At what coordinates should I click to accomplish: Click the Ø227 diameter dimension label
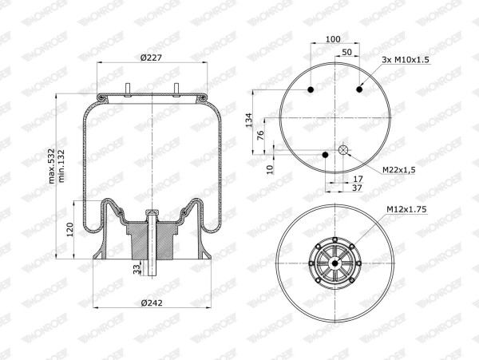coord(151,57)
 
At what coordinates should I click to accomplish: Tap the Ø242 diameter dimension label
coord(152,303)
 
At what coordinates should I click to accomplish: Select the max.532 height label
coord(51,166)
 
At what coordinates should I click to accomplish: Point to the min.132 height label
coord(61,166)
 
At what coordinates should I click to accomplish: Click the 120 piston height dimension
coord(70,230)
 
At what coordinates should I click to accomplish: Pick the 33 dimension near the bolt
coord(137,268)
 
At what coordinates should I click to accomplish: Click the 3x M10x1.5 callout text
coord(406,60)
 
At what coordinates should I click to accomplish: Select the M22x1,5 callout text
coord(399,170)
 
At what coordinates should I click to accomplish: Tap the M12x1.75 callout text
coord(406,209)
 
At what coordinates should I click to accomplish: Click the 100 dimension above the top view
coord(333,39)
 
